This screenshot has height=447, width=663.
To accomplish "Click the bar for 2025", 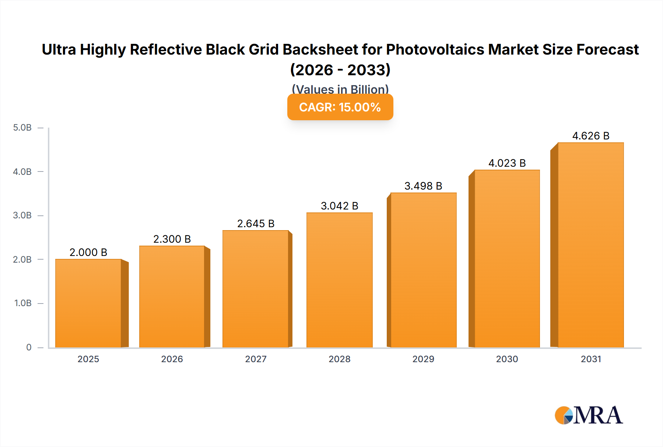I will (x=88, y=303).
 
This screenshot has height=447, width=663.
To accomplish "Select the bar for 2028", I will (x=339, y=280).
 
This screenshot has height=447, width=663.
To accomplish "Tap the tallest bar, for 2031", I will (x=590, y=245).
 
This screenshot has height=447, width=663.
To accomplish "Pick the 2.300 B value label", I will (x=172, y=239).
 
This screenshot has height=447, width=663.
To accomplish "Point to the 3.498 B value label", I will (x=423, y=186).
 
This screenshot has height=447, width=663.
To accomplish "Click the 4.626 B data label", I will (x=591, y=136).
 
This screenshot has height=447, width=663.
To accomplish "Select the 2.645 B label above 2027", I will (x=256, y=223).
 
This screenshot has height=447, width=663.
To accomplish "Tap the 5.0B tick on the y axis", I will (x=22, y=128).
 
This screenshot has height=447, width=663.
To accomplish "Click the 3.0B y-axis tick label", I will (x=22, y=215).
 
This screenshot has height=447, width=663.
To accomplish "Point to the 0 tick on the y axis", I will (x=29, y=347).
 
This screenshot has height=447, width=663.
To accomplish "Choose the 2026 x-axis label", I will (x=172, y=359).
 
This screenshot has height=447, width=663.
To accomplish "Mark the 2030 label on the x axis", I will (x=507, y=359).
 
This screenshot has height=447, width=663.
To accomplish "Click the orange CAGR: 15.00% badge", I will (x=340, y=107).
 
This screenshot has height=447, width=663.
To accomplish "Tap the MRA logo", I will (x=589, y=415).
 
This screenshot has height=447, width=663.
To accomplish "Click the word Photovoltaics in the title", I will (x=435, y=49).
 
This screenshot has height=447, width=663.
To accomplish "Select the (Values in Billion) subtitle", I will (x=340, y=89).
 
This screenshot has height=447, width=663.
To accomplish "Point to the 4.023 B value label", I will (x=507, y=163).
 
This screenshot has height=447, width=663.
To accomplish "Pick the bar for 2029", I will (x=423, y=270).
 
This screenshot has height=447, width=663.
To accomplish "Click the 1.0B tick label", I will (x=23, y=303).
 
